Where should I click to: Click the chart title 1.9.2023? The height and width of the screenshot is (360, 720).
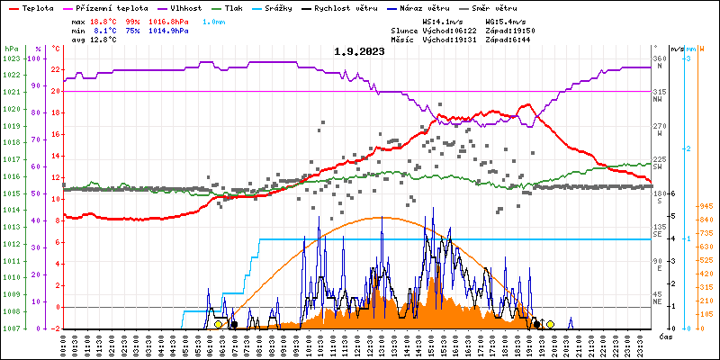359,51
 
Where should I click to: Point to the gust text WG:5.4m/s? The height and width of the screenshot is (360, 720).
504,20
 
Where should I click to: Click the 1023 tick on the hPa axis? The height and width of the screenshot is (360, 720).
11,58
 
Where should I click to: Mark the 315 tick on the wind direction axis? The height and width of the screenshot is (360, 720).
660,92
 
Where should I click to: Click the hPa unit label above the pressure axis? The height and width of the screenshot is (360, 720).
11,48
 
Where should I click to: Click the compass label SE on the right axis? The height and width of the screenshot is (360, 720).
658,235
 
